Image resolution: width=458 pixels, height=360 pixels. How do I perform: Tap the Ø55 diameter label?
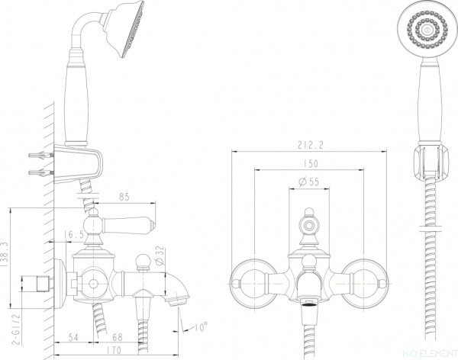(x=308, y=182)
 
